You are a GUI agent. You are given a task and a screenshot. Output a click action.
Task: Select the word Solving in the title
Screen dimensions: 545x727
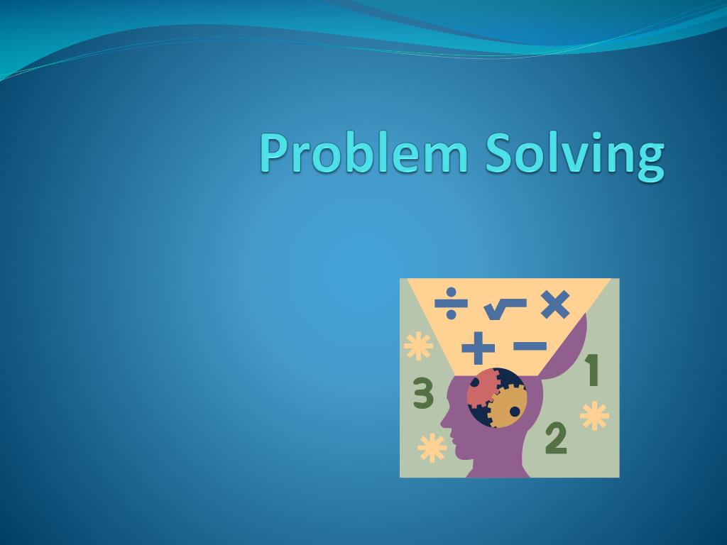tap(575, 155)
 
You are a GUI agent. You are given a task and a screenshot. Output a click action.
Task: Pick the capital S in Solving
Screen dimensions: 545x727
tap(499, 153)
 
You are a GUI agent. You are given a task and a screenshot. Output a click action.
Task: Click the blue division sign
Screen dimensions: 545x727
tap(451, 304)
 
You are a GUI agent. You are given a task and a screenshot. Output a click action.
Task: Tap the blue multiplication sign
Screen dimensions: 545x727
tap(554, 304)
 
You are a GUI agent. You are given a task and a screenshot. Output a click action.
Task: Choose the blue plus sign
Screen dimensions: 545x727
tap(478, 348)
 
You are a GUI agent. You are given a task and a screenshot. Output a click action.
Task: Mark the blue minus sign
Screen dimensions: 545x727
tap(530, 346)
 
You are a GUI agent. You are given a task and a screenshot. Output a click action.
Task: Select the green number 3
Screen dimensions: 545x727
tap(423, 394)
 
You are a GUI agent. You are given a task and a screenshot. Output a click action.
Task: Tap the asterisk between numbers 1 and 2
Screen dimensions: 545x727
tap(594, 416)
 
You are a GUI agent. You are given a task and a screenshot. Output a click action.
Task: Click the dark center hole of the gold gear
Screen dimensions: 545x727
tap(515, 411)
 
